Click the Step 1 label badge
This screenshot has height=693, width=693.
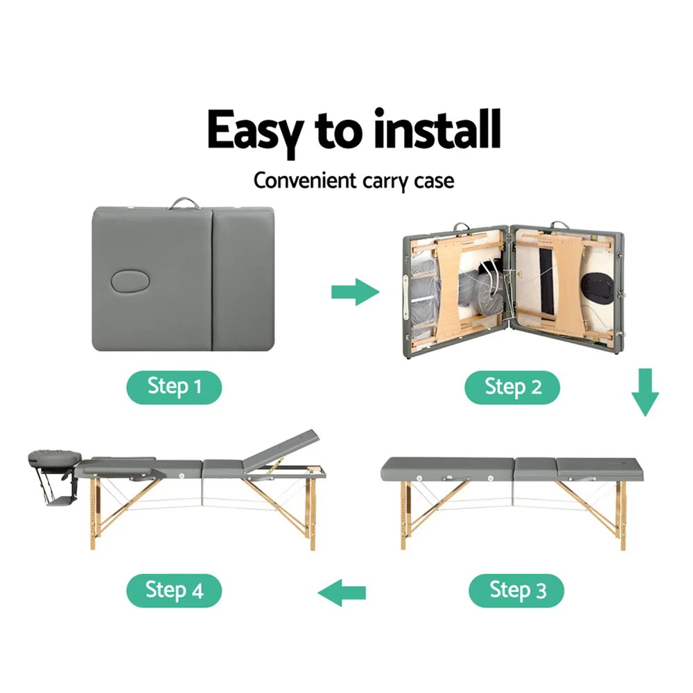174,387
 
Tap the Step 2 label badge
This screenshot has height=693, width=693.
512,387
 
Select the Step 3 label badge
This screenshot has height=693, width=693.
516,590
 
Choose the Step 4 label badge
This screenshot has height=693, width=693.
174,590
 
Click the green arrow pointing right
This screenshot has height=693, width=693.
356,292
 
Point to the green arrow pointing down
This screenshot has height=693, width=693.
645,392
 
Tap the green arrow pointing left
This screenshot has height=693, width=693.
342,593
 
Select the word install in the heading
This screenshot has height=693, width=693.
437,129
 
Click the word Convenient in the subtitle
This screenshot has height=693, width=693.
305,181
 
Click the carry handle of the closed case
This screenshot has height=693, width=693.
183,203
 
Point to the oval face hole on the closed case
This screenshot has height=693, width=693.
130,281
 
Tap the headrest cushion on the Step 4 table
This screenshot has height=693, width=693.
55,458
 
